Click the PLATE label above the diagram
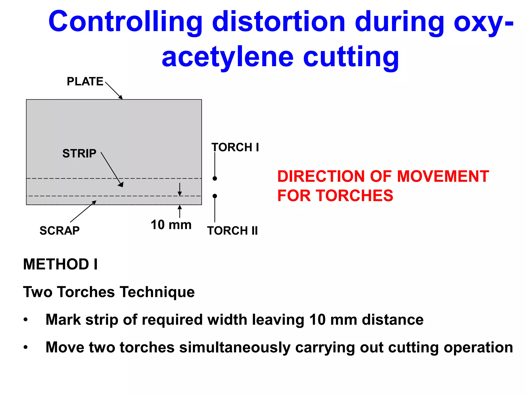click(x=85, y=82)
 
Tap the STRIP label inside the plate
click(x=79, y=154)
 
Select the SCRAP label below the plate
click(x=60, y=230)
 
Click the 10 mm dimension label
click(x=171, y=225)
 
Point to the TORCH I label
click(x=235, y=147)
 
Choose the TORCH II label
click(x=232, y=231)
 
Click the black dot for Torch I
click(x=215, y=178)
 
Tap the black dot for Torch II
click(x=215, y=196)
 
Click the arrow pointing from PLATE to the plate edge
click(x=114, y=90)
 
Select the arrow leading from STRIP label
click(x=112, y=169)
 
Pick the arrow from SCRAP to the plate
click(x=83, y=211)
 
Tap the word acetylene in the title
click(x=228, y=57)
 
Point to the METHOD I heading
click(x=60, y=264)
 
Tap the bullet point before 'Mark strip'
click(x=25, y=320)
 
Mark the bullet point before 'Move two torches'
click(x=25, y=347)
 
